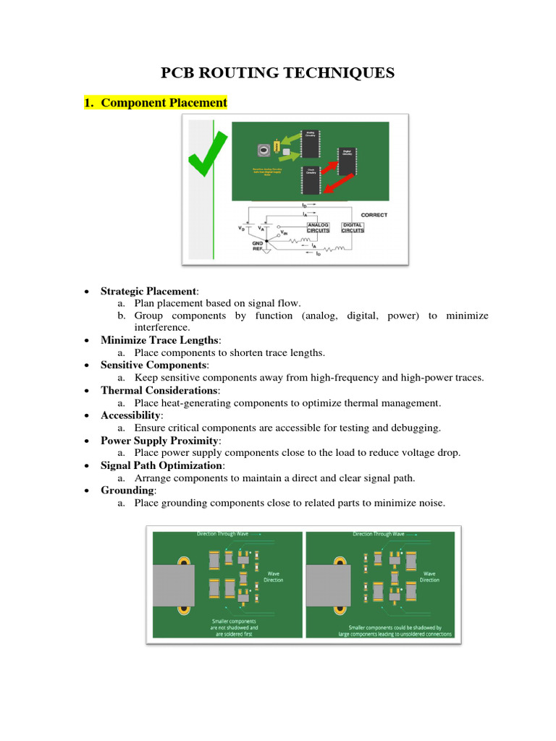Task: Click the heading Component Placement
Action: pyautogui.click(x=164, y=103)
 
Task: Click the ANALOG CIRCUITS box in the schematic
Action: pyautogui.click(x=318, y=227)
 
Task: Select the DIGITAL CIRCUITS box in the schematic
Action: pyautogui.click(x=353, y=227)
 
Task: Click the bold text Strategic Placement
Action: pyautogui.click(x=148, y=291)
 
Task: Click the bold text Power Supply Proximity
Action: pyautogui.click(x=160, y=440)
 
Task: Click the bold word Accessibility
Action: pyautogui.click(x=131, y=415)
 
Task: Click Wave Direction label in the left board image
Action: pyautogui.click(x=274, y=576)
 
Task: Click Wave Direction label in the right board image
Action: pyautogui.click(x=429, y=576)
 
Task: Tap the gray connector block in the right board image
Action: pyautogui.click(x=328, y=586)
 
